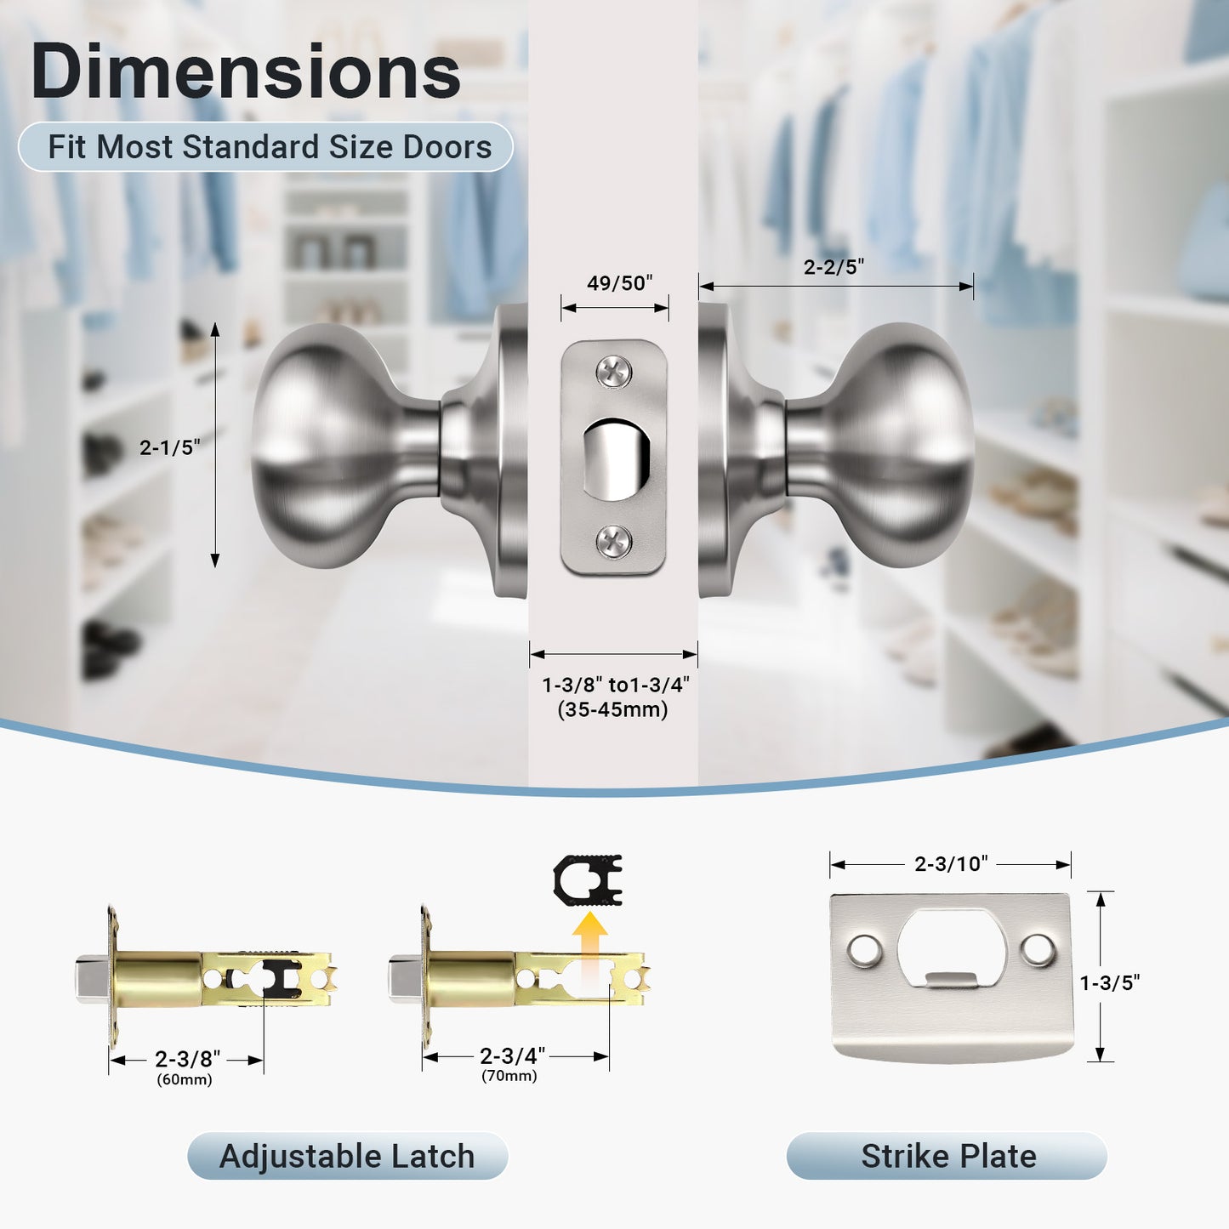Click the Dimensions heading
[x=245, y=71]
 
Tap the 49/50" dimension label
[x=619, y=283]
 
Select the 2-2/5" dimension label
[x=834, y=267]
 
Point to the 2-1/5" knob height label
[x=170, y=447]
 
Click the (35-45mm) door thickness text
[x=612, y=709]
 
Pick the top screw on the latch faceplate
[x=613, y=372]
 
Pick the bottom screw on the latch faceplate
[x=613, y=541]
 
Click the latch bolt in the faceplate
[x=617, y=459]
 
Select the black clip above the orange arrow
[x=588, y=879]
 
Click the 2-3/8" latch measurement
[x=187, y=1059]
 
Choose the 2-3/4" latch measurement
[x=512, y=1055]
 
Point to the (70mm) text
[x=509, y=1076]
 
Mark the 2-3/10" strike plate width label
[x=950, y=864]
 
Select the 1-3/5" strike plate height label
[x=1109, y=983]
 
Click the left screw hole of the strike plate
[x=864, y=951]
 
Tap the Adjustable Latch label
[x=347, y=1157]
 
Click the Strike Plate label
[x=947, y=1157]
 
